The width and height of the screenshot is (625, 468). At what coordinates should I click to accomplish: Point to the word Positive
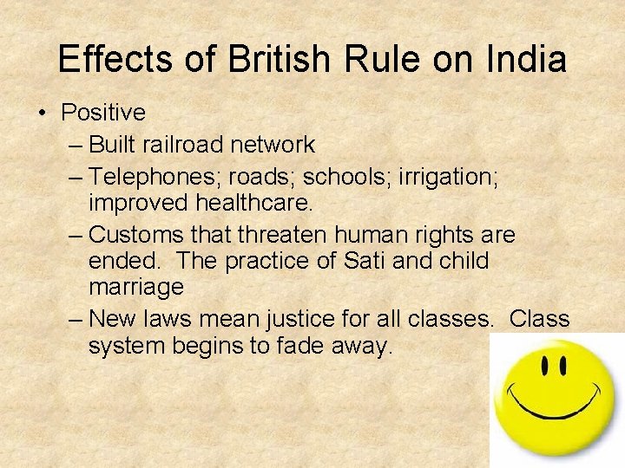pyautogui.click(x=102, y=113)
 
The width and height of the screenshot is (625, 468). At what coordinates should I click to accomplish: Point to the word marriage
pyautogui.click(x=136, y=287)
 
